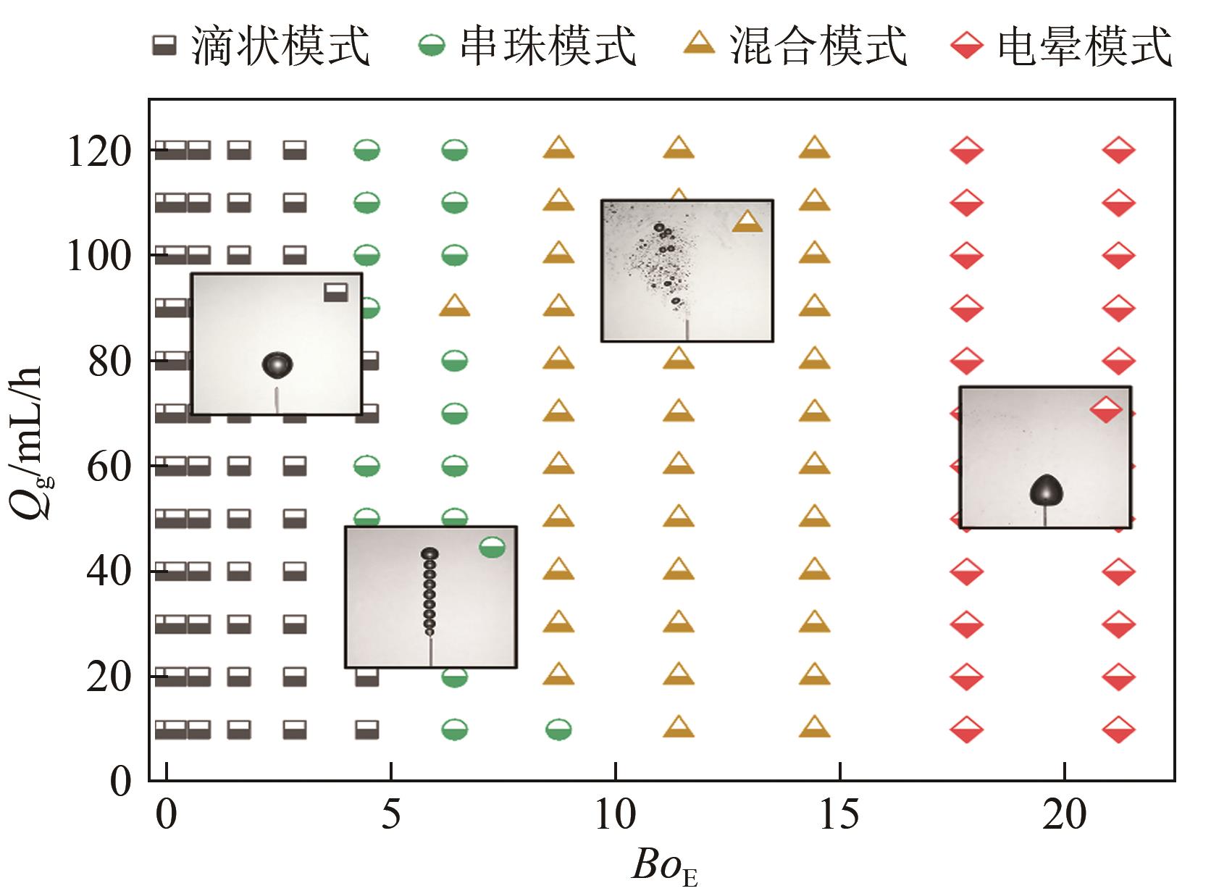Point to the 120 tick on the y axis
pyautogui.click(x=99, y=152)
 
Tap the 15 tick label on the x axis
pyautogui.click(x=839, y=814)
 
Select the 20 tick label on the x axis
pyautogui.click(x=1065, y=814)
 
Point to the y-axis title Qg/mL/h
pyautogui.click(x=32, y=442)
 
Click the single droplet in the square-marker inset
pyautogui.click(x=277, y=365)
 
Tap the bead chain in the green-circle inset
pyautogui.click(x=429, y=590)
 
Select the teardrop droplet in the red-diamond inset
pyautogui.click(x=1046, y=490)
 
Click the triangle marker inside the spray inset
pyautogui.click(x=747, y=222)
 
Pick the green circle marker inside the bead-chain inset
pyautogui.click(x=493, y=548)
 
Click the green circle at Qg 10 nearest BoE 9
pyautogui.click(x=558, y=729)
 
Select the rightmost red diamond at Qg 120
pyautogui.click(x=1118, y=151)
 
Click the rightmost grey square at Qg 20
pyautogui.click(x=366, y=677)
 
